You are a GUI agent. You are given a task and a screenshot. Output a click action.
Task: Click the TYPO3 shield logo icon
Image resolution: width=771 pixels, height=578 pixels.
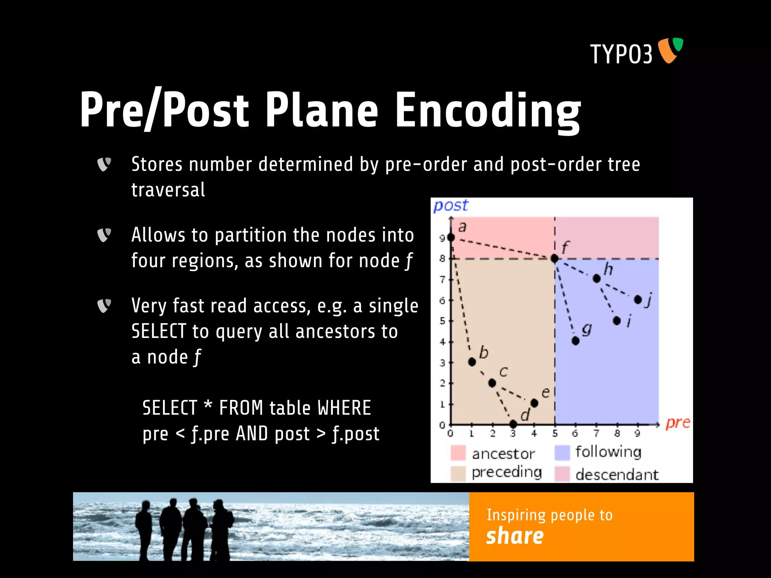click(x=670, y=50)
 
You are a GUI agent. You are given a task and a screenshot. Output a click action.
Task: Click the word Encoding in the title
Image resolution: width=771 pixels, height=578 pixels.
click(x=487, y=111)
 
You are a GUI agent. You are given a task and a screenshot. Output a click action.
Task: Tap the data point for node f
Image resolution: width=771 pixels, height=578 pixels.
click(x=554, y=259)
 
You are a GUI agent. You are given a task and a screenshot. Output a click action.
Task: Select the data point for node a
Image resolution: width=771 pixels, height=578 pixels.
click(x=451, y=237)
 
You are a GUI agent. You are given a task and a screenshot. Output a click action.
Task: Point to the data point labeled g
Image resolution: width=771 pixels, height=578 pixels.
click(x=575, y=341)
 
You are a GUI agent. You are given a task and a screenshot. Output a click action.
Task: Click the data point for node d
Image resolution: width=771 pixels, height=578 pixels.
click(x=513, y=424)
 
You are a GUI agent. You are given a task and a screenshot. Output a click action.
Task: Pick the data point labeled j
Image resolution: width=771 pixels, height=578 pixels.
click(x=638, y=300)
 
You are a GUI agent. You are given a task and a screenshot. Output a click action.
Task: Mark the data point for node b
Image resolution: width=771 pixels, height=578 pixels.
click(x=472, y=362)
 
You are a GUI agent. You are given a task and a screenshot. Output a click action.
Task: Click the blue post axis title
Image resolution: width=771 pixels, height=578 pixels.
click(x=451, y=206)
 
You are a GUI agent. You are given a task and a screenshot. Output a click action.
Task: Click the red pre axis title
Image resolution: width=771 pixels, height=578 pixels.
click(x=678, y=423)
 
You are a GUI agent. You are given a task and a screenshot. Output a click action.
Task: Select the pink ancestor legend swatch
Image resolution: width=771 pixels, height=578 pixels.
click(x=458, y=453)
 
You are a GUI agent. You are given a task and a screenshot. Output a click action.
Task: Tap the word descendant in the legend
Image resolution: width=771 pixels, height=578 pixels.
click(x=617, y=475)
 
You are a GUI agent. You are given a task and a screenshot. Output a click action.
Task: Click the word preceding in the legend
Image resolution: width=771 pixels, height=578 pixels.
click(x=506, y=472)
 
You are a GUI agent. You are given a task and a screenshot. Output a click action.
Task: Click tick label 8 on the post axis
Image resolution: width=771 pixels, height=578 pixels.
click(x=442, y=259)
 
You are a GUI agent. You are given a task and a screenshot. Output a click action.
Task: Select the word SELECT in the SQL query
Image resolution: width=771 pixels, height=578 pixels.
click(x=170, y=408)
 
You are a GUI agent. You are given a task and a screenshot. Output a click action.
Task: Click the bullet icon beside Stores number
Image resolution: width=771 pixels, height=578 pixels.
click(x=104, y=164)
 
